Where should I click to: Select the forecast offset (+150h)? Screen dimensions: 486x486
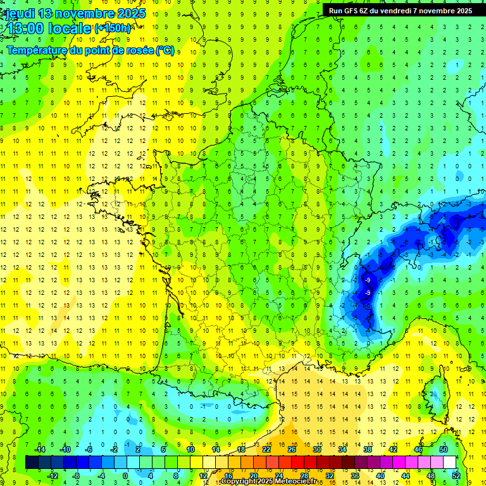coord(113,28)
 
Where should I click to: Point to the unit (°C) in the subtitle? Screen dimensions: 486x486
coord(165,51)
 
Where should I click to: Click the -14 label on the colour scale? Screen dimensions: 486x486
coord(40,449)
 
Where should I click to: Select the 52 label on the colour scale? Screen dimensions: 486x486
coord(456,475)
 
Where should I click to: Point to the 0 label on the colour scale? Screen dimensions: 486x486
coord(125,475)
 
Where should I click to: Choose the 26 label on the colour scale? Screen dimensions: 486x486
coord(291,449)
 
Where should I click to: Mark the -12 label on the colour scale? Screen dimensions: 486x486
coord(53,475)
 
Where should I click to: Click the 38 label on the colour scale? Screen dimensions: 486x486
coord(367,449)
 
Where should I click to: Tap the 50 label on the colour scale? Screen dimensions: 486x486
coord(443,449)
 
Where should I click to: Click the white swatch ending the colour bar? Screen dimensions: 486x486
coord(449,462)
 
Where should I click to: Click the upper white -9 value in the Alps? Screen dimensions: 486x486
coord(368,280)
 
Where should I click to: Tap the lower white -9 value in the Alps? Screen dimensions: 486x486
coord(368,292)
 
